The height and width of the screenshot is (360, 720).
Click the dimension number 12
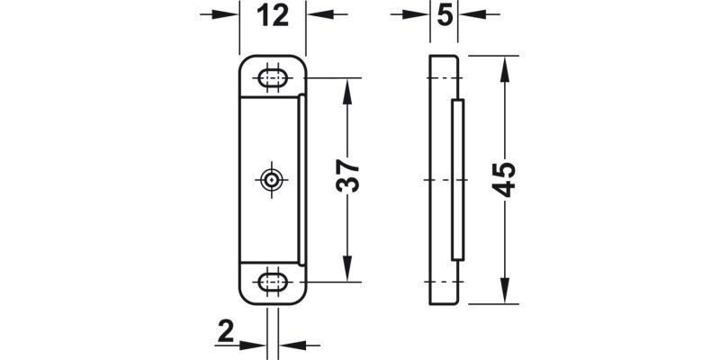click(273, 15)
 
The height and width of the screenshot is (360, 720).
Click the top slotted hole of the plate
click(273, 76)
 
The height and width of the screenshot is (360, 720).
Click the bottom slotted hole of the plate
click(273, 283)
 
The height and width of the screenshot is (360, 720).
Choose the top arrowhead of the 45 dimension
click(503, 63)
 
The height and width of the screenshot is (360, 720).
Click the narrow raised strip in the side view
click(457, 180)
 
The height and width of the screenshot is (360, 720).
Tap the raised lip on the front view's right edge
click(302, 180)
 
